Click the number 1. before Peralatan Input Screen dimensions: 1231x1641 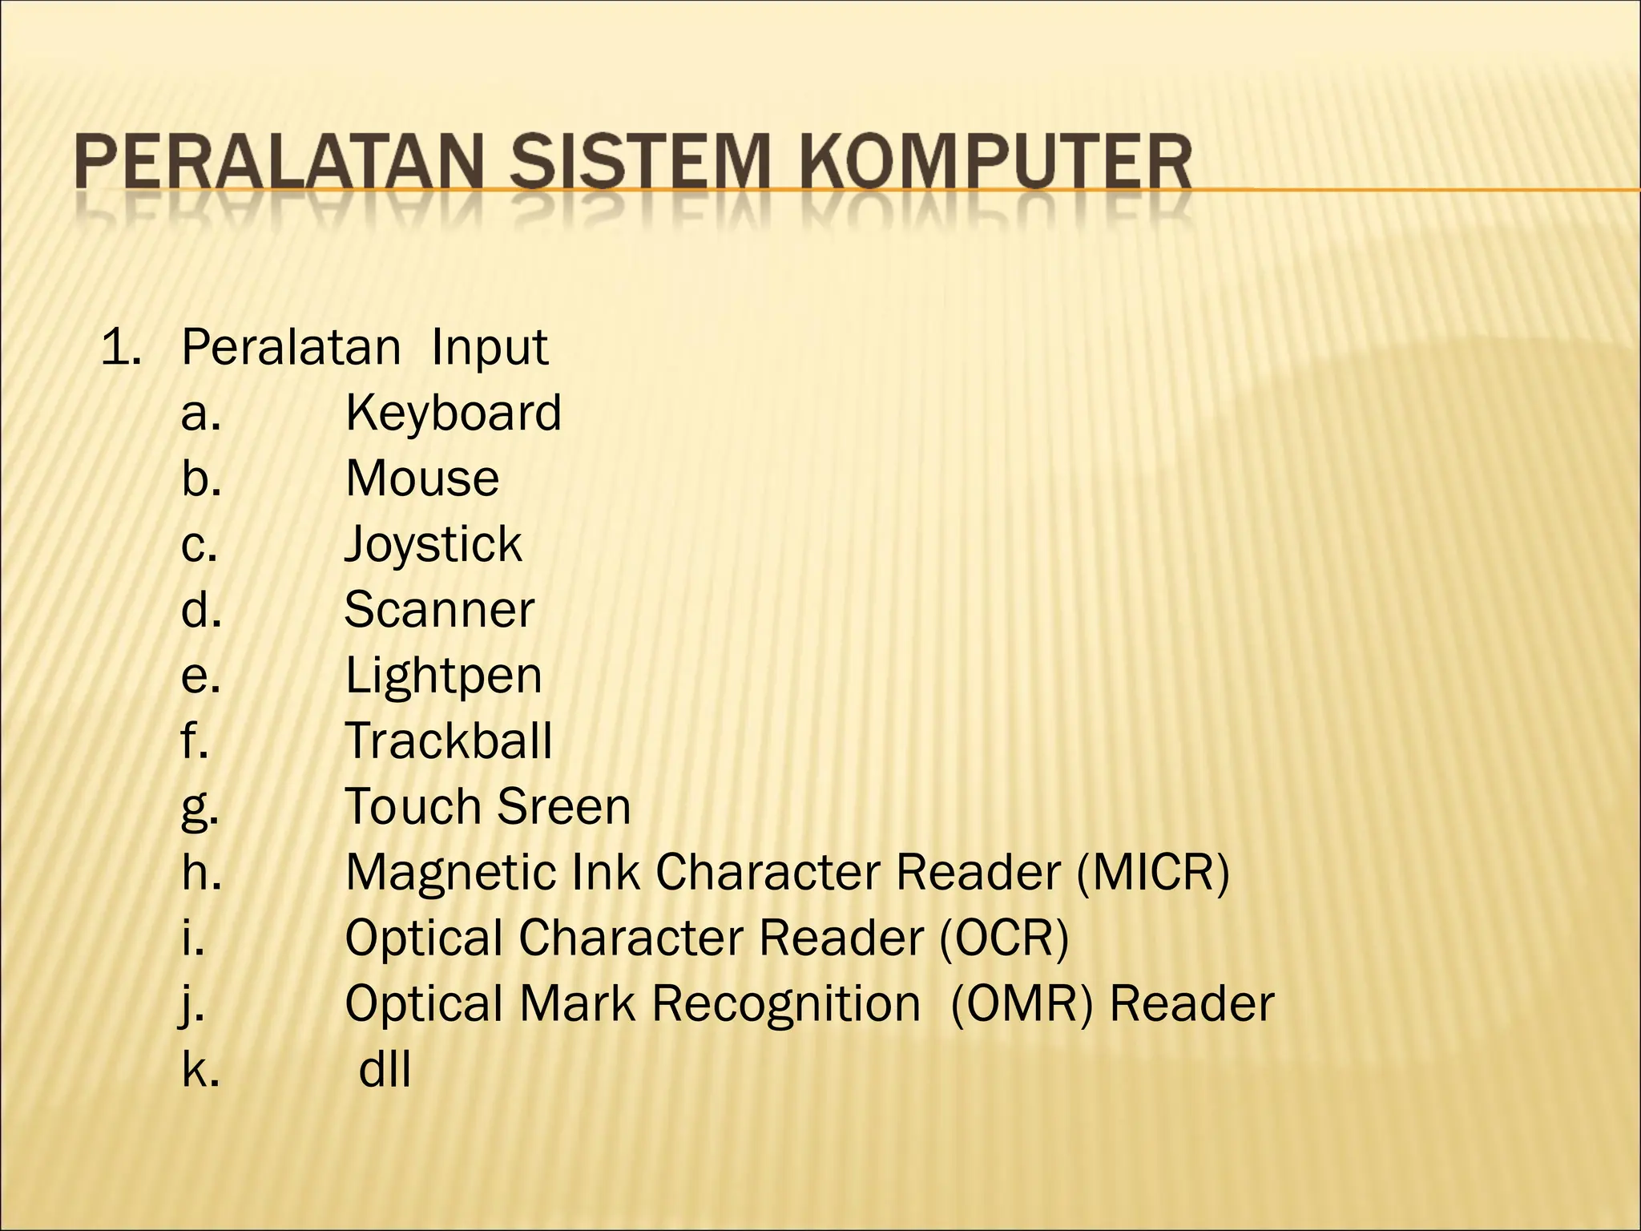coord(121,347)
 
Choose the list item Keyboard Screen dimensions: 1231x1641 coord(453,413)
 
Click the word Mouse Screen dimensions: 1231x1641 coord(422,478)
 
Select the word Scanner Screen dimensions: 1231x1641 coord(439,610)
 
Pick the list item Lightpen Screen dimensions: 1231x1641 coord(443,676)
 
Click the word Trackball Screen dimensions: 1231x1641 coord(449,741)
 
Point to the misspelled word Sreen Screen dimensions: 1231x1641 coord(564,806)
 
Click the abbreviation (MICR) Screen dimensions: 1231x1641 coord(1152,872)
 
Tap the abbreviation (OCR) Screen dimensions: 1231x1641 coord(1004,938)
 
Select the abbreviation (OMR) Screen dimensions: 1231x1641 coord(1021,1003)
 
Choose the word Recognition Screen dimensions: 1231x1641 coord(786,1005)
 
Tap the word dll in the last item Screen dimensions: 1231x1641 coord(385,1069)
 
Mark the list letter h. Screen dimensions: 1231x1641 coord(200,872)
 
